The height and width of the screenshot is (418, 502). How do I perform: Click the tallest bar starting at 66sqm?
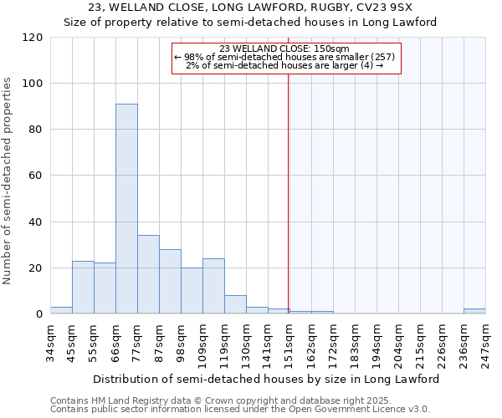tap(126, 209)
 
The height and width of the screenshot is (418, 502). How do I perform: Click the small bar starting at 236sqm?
tap(474, 311)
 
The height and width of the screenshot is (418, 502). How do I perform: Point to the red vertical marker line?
tap(288, 192)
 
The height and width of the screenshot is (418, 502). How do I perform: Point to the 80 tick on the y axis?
tap(36, 130)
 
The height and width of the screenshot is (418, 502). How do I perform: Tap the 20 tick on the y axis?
tap(36, 268)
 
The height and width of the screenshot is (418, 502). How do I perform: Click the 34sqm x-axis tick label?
tap(55, 341)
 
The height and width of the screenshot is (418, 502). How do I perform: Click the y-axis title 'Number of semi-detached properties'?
tap(8, 181)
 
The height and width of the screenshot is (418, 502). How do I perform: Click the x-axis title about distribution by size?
tap(265, 379)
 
